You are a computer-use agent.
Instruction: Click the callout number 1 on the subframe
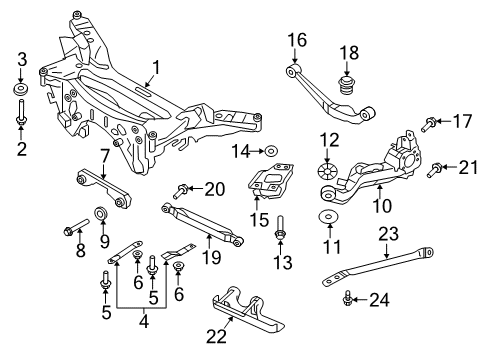pos(154,68)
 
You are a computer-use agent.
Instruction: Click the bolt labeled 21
pos(433,171)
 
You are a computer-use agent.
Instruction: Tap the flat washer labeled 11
pos(328,217)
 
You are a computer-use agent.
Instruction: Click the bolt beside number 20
pos(182,187)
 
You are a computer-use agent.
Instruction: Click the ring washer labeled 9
pos(101,213)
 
